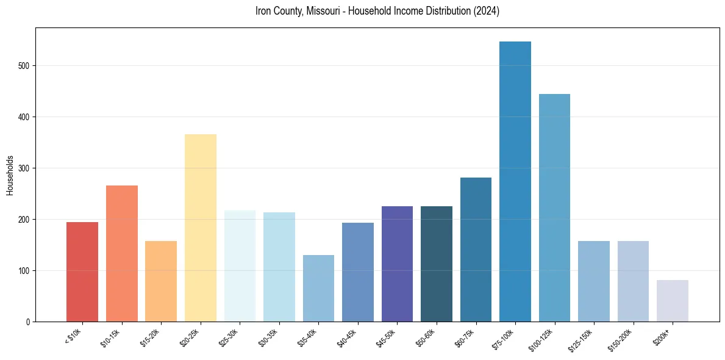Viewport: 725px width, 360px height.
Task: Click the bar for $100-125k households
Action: pos(554,207)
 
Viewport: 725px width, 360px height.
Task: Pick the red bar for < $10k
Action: pos(82,272)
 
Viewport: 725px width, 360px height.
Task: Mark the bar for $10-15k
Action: pos(122,253)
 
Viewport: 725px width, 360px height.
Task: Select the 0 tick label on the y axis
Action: pos(28,322)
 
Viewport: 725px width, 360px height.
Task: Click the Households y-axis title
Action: pos(10,175)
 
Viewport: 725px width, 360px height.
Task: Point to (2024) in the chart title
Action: pos(487,12)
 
